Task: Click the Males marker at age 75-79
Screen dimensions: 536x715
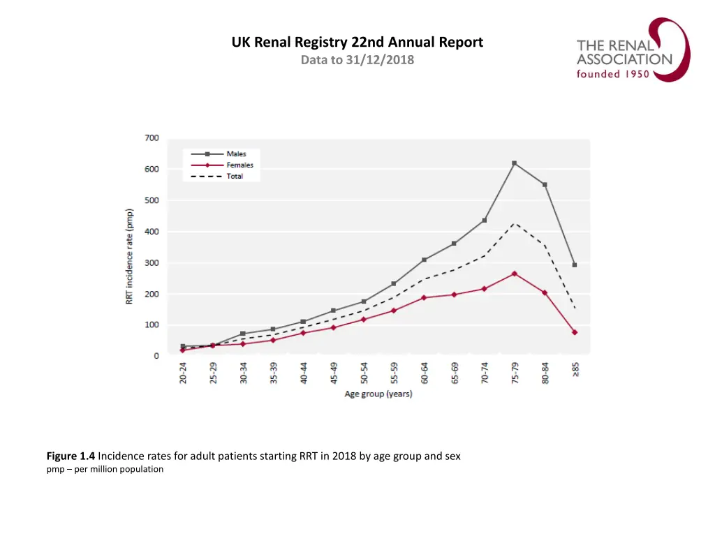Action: (515, 163)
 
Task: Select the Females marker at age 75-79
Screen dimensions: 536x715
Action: (515, 274)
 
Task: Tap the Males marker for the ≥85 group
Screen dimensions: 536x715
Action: (575, 265)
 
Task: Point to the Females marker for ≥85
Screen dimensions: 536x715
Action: (575, 332)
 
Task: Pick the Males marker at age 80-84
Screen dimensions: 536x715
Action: (545, 185)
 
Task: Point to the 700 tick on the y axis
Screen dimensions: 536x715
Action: (152, 138)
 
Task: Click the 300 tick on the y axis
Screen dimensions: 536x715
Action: (152, 263)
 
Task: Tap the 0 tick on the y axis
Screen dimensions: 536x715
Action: (156, 356)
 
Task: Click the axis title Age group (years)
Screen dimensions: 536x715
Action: (378, 394)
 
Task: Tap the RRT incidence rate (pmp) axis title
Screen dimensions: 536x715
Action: (130, 255)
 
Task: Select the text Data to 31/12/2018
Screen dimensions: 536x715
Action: (357, 60)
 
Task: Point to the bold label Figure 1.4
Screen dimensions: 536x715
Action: (71, 456)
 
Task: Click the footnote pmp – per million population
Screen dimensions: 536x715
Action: (105, 469)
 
